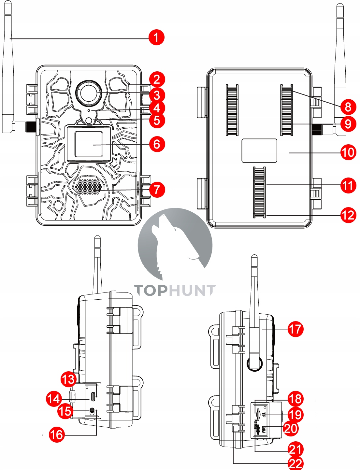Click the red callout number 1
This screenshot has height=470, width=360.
pyautogui.click(x=156, y=37)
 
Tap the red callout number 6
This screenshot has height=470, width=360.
pyautogui.click(x=157, y=144)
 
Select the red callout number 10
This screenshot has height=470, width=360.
pyautogui.click(x=348, y=152)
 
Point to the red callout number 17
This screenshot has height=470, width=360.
pyautogui.click(x=295, y=329)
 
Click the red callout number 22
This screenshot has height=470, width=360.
pyautogui.click(x=295, y=463)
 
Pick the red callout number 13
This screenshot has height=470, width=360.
pyautogui.click(x=69, y=379)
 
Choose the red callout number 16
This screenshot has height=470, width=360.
pyautogui.click(x=57, y=434)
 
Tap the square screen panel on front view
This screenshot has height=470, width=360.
pyautogui.click(x=89, y=144)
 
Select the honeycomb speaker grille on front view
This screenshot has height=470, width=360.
pyautogui.click(x=89, y=186)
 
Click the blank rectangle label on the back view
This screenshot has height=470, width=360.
pyautogui.click(x=259, y=150)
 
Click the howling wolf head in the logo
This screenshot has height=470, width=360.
pyautogui.click(x=169, y=241)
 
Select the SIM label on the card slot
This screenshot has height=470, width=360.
pyautogui.click(x=264, y=430)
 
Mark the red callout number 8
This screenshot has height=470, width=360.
pyautogui.click(x=348, y=107)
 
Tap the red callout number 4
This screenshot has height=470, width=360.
pyautogui.click(x=157, y=108)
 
